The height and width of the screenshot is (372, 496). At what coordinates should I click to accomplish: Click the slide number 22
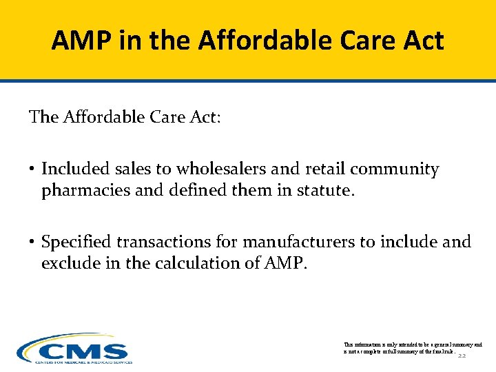[x=462, y=357]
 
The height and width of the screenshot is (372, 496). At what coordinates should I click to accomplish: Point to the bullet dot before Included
[x=32, y=169]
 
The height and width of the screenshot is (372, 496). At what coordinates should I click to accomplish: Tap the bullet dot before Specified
[x=32, y=242]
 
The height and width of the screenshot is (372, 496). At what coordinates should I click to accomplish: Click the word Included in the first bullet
[x=72, y=169]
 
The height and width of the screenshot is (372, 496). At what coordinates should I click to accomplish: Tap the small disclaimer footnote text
[x=411, y=348]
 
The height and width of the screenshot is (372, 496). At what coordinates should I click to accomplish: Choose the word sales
[x=130, y=169]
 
